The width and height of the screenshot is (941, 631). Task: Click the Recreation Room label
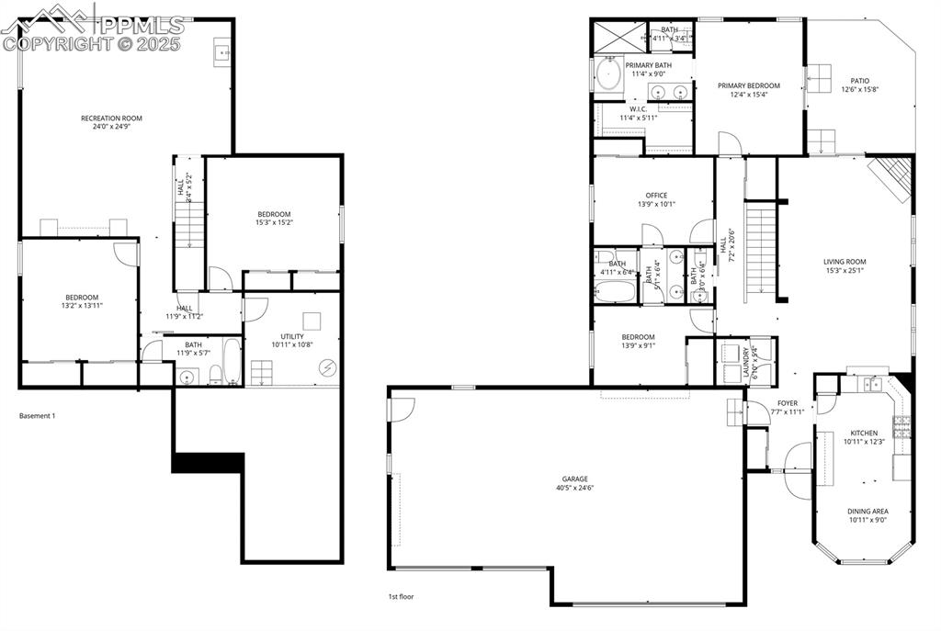point(111,118)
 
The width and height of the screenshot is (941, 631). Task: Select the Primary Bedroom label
point(748,85)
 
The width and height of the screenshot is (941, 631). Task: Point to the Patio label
point(860,81)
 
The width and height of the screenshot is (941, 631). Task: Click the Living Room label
point(845,262)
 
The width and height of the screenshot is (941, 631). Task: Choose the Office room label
point(656,195)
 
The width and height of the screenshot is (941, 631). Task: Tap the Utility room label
point(293,336)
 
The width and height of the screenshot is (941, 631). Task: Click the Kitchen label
point(863,433)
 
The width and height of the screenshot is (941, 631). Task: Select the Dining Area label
point(867,511)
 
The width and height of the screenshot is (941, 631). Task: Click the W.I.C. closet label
point(639,108)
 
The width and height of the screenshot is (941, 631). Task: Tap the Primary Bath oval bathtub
point(608,73)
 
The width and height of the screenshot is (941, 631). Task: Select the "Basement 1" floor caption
point(38,416)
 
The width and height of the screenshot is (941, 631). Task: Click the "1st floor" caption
point(401,597)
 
